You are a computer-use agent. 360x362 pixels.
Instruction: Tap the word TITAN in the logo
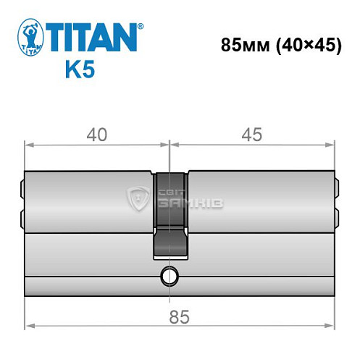[92, 37]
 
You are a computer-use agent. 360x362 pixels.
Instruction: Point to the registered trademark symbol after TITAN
[140, 26]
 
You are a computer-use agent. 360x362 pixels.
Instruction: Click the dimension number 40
[96, 135]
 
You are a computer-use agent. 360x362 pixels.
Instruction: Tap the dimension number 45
[253, 135]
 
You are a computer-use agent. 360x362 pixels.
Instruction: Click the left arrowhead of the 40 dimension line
[28, 145]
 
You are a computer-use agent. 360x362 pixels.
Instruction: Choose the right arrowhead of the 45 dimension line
[333, 145]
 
